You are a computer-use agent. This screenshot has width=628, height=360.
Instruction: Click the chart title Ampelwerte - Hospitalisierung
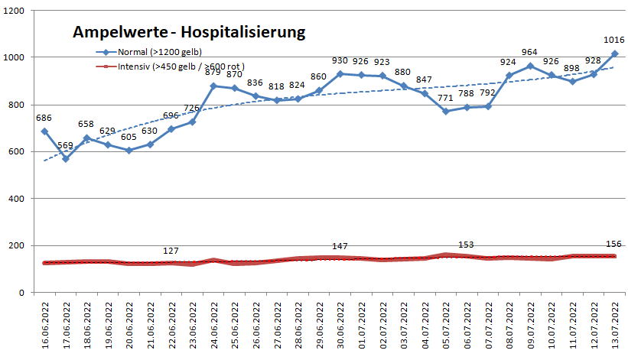click(189, 32)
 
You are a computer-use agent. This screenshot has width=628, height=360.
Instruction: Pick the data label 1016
click(614, 40)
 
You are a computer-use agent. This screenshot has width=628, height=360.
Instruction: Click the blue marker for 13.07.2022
click(614, 54)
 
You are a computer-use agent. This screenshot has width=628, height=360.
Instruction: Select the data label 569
click(65, 146)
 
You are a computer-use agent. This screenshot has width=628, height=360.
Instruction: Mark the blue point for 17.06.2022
click(65, 159)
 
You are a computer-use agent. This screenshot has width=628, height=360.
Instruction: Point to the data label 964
click(529, 52)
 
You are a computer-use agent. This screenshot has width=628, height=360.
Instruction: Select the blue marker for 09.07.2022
click(529, 66)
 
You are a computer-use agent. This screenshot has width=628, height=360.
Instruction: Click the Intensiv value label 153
click(466, 245)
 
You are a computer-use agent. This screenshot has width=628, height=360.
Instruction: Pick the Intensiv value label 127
click(171, 251)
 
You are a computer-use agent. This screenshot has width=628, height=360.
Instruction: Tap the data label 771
click(445, 99)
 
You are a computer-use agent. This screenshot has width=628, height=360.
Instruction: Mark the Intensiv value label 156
click(614, 244)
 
